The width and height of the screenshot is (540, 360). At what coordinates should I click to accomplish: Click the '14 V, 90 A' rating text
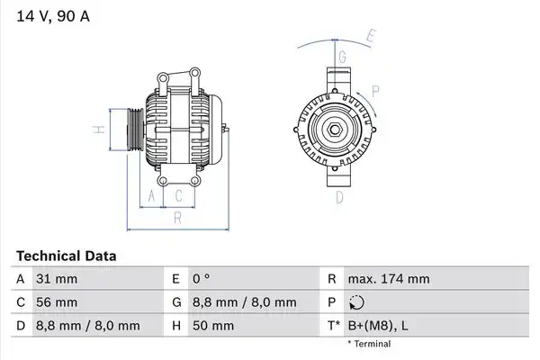[53, 16]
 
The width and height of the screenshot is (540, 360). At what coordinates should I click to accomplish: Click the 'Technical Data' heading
[66, 256]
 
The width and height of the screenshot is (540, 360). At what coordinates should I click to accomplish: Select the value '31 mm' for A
[57, 279]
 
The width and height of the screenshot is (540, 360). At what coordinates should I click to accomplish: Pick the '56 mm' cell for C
[57, 302]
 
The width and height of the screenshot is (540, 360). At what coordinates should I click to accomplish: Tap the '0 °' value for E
[201, 279]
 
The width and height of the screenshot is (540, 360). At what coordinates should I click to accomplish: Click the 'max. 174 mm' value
[389, 279]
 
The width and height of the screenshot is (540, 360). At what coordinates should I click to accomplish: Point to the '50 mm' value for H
[213, 326]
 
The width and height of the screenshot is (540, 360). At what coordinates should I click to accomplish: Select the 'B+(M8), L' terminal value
[378, 326]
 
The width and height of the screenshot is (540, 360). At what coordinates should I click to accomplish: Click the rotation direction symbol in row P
[356, 302]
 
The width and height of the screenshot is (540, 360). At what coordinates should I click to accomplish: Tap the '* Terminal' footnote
[369, 344]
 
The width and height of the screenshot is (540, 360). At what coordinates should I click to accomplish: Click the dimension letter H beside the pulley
[99, 130]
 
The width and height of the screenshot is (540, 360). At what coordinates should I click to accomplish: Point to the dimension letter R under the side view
[177, 218]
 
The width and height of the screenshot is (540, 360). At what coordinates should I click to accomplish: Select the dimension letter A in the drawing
[152, 196]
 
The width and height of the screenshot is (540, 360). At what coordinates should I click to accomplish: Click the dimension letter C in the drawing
[178, 196]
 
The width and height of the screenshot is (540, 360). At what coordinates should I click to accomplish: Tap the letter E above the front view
[370, 36]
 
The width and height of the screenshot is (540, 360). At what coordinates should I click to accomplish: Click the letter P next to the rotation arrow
[375, 91]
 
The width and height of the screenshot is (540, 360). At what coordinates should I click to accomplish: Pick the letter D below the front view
[339, 198]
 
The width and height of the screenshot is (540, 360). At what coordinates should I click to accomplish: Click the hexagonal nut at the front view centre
[335, 130]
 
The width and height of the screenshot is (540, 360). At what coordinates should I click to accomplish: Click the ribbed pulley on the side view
[135, 130]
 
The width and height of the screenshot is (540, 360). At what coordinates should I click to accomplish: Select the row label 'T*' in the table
[334, 326]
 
